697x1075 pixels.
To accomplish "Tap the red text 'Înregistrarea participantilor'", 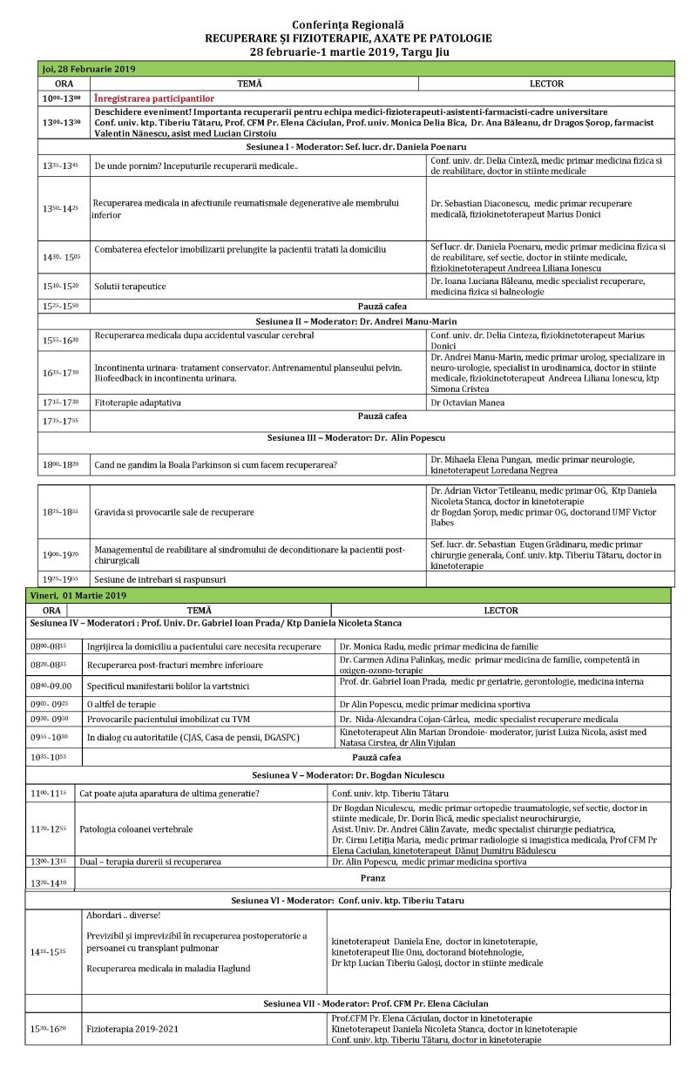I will click(153, 98).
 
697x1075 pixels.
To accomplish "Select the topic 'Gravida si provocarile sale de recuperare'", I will click(174, 512).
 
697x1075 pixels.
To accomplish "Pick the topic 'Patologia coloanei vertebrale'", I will click(135, 828).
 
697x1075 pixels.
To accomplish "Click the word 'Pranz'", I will click(373, 878).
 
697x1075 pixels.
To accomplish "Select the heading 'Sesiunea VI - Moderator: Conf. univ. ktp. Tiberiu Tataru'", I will click(348, 899).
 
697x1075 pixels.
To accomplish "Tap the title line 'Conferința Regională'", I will click(348, 25).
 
